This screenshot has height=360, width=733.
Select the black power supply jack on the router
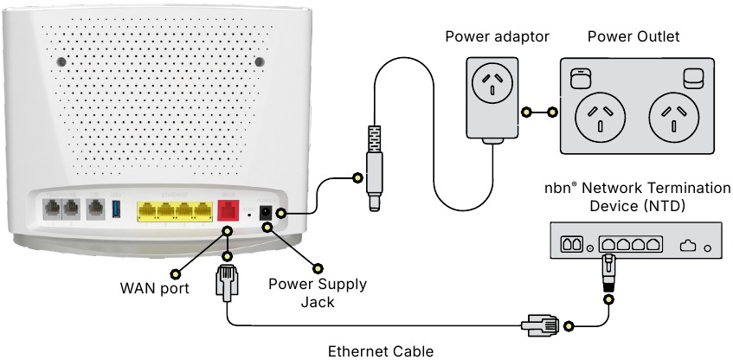268,211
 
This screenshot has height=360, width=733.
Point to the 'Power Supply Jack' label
317,293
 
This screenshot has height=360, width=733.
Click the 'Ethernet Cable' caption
380,350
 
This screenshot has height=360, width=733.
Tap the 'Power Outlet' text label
633,36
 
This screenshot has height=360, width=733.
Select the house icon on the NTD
688,246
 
